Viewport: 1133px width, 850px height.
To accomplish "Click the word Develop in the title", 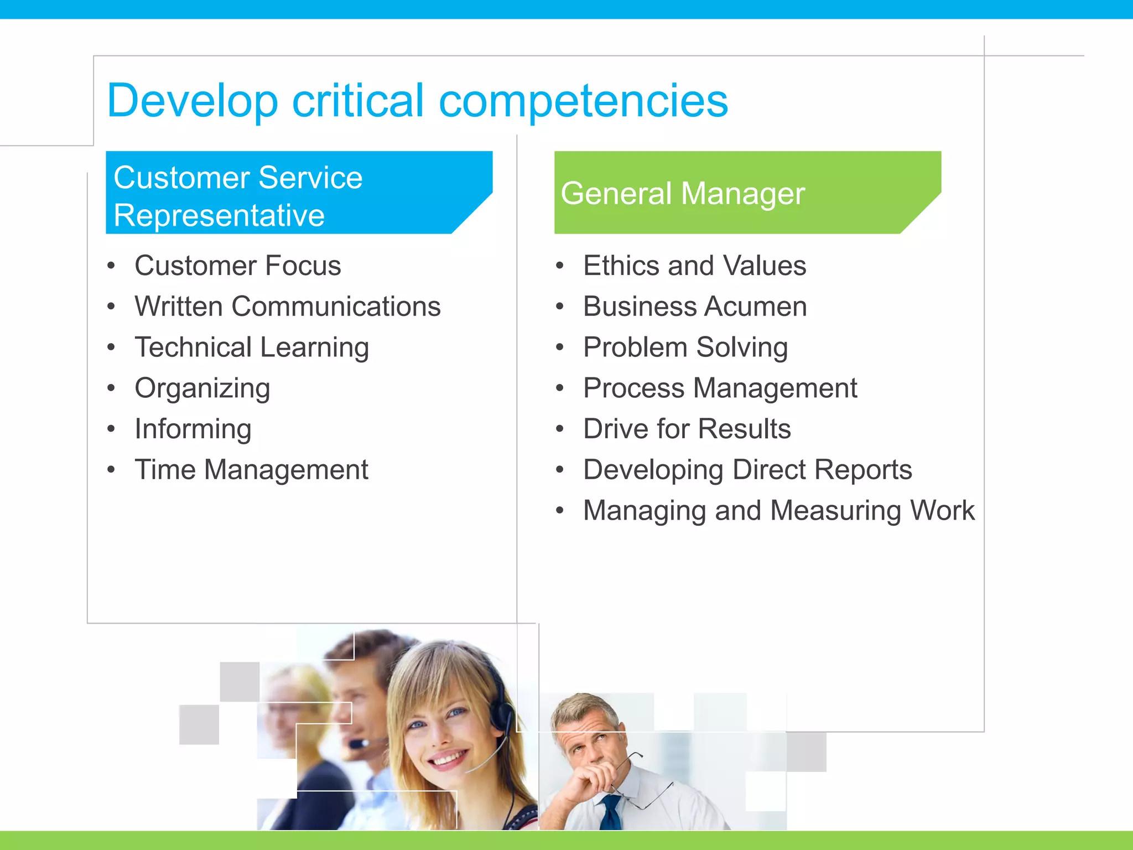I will pyautogui.click(x=192, y=101).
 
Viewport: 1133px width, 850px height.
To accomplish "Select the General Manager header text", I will pyautogui.click(x=682, y=194).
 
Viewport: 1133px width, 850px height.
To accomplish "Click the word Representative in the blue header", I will pyautogui.click(x=219, y=215).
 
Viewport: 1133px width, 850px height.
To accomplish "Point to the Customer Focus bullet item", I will pyautogui.click(x=238, y=266).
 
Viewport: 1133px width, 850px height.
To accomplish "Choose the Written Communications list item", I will pyautogui.click(x=288, y=307).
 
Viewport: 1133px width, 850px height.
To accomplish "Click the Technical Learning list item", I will pyautogui.click(x=252, y=348).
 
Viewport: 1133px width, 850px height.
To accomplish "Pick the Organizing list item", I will pyautogui.click(x=202, y=388).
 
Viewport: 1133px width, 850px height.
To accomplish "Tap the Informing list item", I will pyautogui.click(x=193, y=429).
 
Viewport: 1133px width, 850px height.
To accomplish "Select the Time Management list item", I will pyautogui.click(x=252, y=470).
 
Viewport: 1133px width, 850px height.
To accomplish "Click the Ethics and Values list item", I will pyautogui.click(x=695, y=266).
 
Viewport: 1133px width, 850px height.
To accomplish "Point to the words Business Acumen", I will pyautogui.click(x=695, y=307).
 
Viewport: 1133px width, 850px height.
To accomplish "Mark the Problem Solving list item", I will pyautogui.click(x=685, y=348).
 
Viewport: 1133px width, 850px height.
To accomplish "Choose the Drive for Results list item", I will pyautogui.click(x=687, y=429).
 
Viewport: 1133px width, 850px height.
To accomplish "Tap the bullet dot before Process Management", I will pyautogui.click(x=560, y=388).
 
